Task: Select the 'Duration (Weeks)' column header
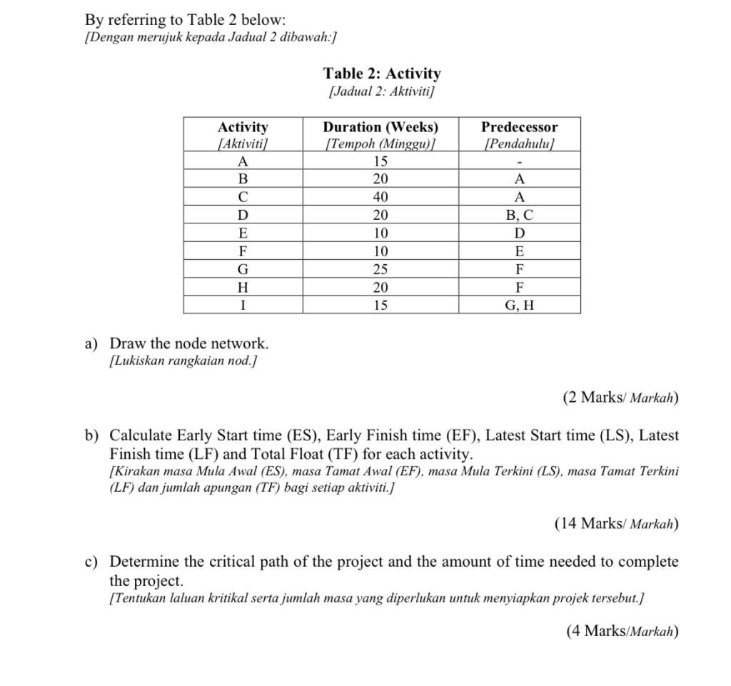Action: (380, 127)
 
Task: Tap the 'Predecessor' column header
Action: (519, 127)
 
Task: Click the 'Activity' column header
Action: (243, 127)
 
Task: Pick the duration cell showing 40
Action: (380, 197)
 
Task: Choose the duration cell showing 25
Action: (380, 269)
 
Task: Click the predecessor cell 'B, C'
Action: (519, 215)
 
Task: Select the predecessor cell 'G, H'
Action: (519, 306)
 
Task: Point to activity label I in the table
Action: (243, 306)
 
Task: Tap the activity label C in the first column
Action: (243, 197)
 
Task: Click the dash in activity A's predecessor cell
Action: (519, 161)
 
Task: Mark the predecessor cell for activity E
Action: (519, 233)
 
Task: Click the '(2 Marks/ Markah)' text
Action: (620, 398)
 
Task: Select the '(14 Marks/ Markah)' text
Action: (616, 524)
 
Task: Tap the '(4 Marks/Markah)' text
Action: (622, 631)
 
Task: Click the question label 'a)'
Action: (91, 344)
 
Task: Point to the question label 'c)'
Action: (91, 562)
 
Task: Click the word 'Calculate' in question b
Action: (141, 435)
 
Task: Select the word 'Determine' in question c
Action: (145, 562)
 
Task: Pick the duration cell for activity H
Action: (380, 288)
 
